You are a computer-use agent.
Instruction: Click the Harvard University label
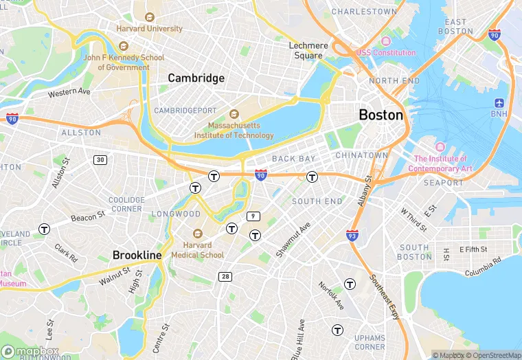(x=149, y=29)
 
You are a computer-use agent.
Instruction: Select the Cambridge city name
(x=196, y=78)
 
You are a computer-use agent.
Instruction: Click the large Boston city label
(x=381, y=115)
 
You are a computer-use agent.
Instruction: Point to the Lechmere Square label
(x=308, y=50)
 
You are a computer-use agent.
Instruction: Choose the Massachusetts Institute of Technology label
(x=242, y=131)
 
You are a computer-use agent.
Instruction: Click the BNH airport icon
(x=499, y=103)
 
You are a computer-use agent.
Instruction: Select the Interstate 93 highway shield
(x=352, y=236)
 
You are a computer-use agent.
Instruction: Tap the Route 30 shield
(x=101, y=159)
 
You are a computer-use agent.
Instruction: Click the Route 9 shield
(x=254, y=216)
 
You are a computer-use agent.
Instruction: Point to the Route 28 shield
(x=225, y=276)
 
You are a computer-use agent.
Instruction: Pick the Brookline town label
(x=137, y=255)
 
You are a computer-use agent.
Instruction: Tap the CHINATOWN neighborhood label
(x=362, y=156)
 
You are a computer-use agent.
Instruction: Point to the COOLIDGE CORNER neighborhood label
(x=126, y=204)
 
